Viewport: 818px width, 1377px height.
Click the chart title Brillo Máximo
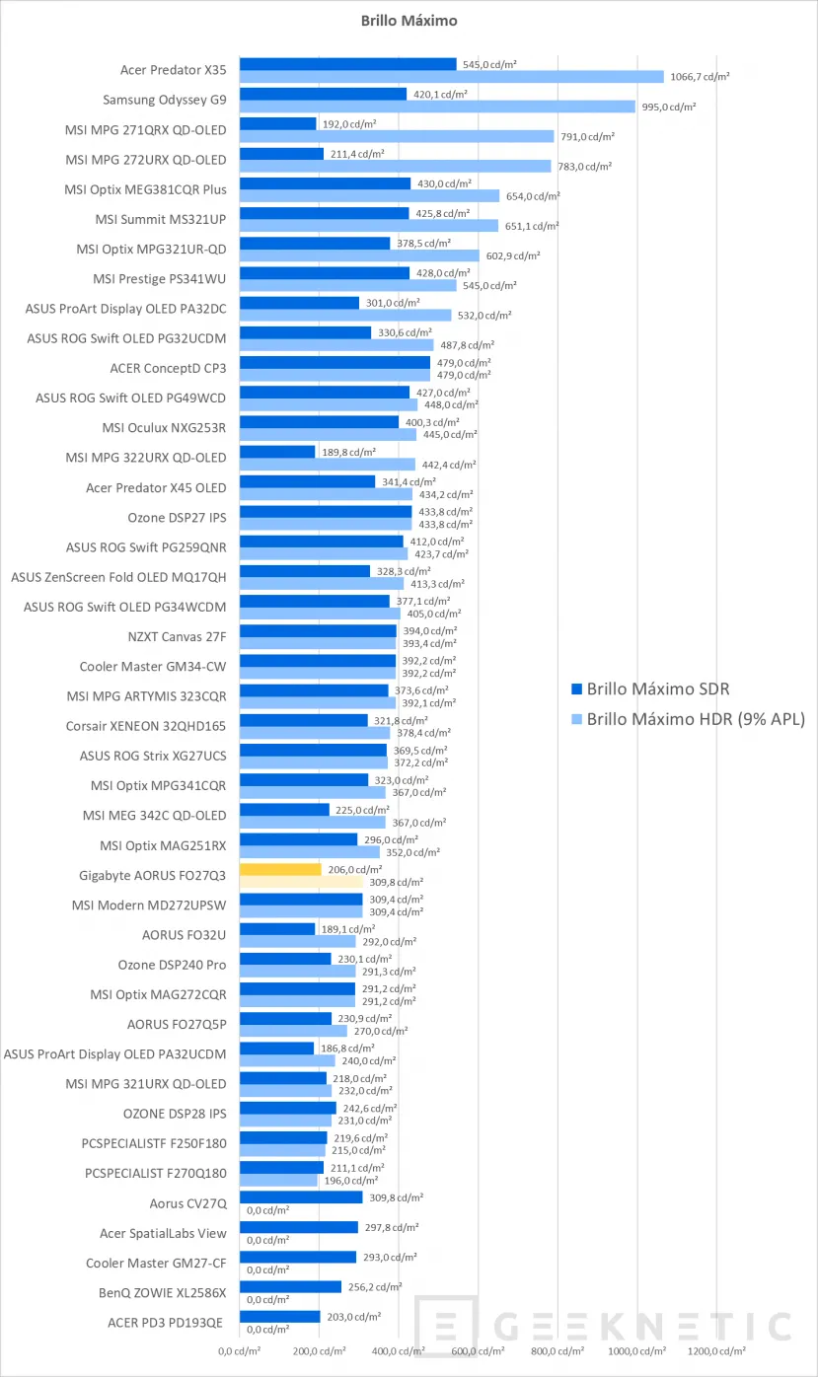click(x=409, y=20)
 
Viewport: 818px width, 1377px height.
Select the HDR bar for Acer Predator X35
click(x=451, y=76)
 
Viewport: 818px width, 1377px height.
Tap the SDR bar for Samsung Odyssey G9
click(x=323, y=95)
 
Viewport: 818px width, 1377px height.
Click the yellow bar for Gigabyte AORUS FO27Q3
click(x=280, y=870)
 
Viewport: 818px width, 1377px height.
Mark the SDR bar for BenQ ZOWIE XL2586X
click(x=290, y=1287)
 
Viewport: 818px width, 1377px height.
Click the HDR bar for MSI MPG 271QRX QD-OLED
click(x=397, y=136)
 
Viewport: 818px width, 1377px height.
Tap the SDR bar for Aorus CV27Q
click(x=301, y=1197)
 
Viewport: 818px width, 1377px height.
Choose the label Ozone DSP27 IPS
click(x=177, y=517)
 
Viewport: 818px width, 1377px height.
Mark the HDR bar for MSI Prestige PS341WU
click(x=347, y=285)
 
